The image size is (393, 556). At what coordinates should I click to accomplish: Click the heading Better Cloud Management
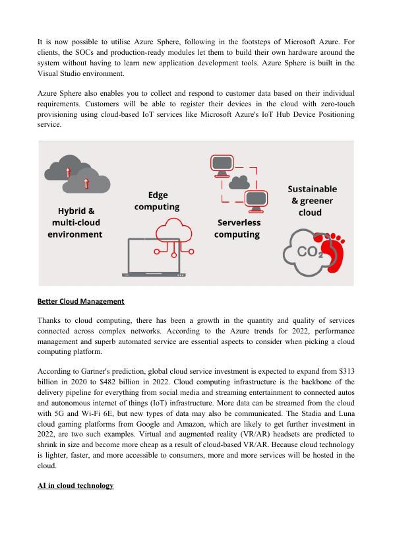tap(81, 301)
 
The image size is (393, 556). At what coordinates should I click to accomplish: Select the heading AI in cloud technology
tap(75, 485)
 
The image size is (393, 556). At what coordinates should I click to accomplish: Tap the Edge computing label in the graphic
tap(157, 201)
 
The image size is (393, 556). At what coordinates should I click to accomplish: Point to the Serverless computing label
tap(238, 228)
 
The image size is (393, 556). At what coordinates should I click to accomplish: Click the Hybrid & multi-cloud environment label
tap(75, 223)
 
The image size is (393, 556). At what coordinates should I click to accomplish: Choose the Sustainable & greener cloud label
tap(312, 201)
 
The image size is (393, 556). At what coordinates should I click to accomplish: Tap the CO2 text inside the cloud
tap(310, 252)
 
